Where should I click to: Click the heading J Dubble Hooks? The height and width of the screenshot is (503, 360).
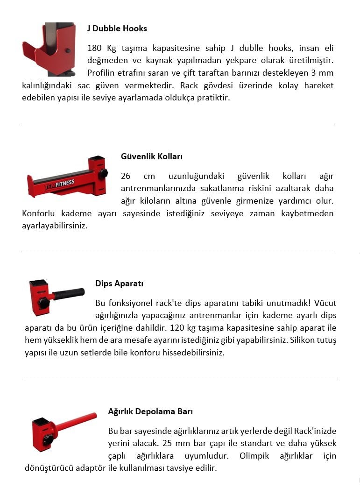pyautogui.click(x=117, y=28)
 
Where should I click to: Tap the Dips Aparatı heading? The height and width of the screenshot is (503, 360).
pyautogui.click(x=119, y=283)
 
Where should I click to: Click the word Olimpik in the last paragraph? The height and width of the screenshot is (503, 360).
pyautogui.click(x=254, y=455)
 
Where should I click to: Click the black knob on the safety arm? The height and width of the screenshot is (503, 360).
pyautogui.click(x=103, y=173)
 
